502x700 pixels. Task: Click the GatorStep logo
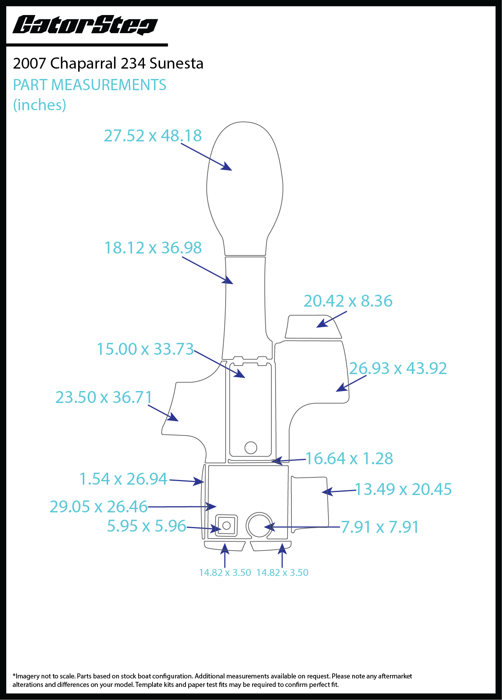[85, 25]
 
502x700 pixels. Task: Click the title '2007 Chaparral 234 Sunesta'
[108, 63]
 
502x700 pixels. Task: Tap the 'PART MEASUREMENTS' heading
[90, 85]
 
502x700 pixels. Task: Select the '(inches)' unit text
[40, 105]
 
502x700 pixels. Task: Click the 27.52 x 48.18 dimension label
[153, 136]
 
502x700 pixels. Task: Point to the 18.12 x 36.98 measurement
[153, 248]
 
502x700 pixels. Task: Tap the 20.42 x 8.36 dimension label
[348, 301]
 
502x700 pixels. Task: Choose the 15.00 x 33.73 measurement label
[145, 349]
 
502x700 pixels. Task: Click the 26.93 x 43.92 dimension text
[398, 368]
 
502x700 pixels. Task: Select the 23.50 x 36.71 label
[104, 397]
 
